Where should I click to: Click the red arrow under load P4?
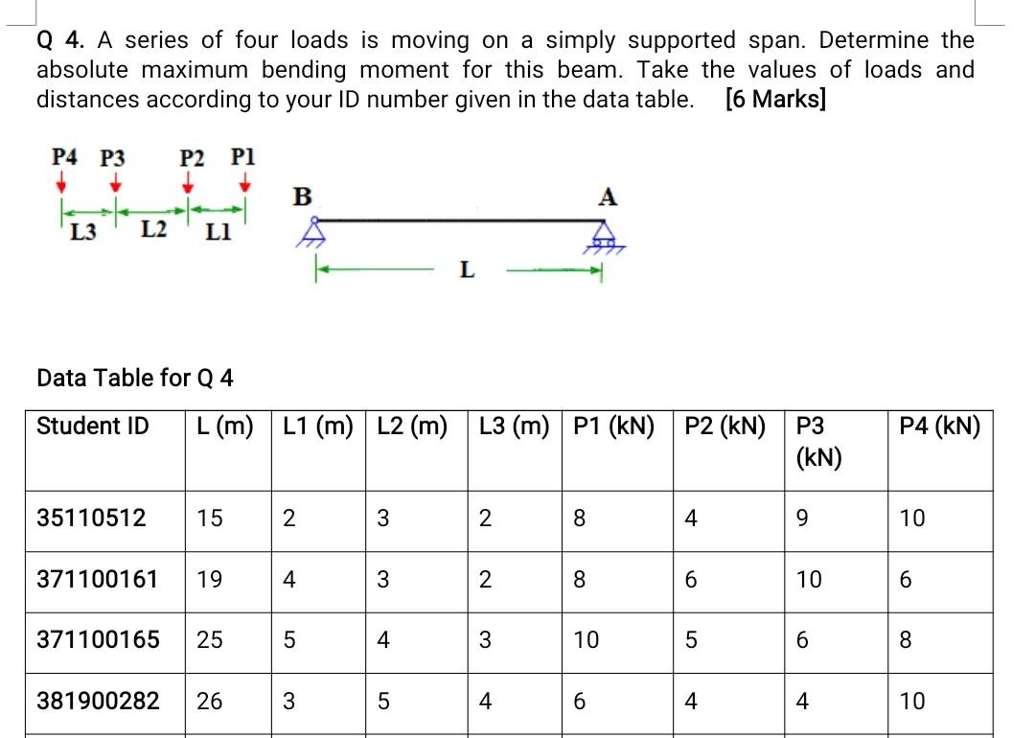point(61,181)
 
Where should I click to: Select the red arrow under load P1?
point(246,181)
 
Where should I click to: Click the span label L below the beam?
point(466,270)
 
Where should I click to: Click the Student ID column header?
point(92,426)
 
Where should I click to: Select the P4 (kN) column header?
point(940,426)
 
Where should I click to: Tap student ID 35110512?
point(91,519)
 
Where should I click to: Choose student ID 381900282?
point(98,702)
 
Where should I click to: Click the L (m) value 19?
point(208,579)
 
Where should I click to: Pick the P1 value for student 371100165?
point(586,639)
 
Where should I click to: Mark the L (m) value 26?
point(208,702)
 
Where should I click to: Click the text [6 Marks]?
point(776,100)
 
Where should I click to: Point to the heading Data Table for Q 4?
point(134,378)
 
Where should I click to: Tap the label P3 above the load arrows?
point(113,157)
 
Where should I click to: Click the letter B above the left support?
point(302,196)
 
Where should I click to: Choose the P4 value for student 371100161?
point(906,579)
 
